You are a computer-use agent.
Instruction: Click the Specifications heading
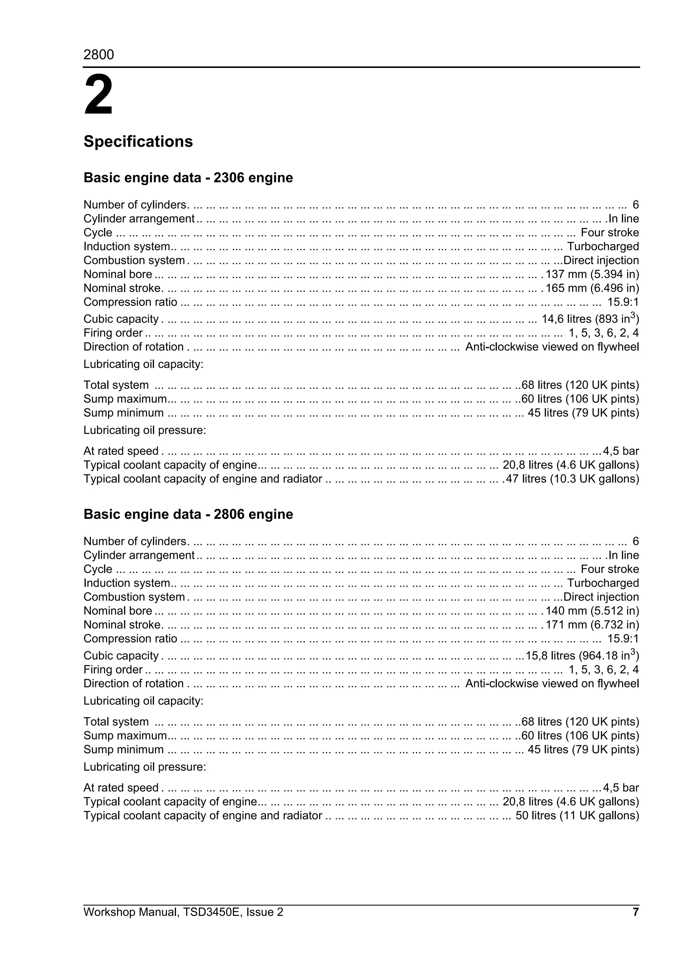click(x=138, y=141)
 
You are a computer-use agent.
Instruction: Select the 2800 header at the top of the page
click(x=99, y=55)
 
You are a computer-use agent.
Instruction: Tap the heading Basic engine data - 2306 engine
click(x=188, y=177)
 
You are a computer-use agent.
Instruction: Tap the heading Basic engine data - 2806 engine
click(x=188, y=514)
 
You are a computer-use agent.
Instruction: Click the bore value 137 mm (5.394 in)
click(x=592, y=274)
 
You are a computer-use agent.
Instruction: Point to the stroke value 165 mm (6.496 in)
click(x=592, y=288)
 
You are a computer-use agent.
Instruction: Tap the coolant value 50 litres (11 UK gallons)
click(x=577, y=816)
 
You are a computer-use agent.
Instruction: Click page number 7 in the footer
click(x=636, y=912)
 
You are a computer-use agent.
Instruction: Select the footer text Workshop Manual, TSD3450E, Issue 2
click(x=183, y=912)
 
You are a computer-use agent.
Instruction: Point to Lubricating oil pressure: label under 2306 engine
click(x=144, y=430)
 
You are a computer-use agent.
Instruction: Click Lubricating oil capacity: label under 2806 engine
click(x=143, y=701)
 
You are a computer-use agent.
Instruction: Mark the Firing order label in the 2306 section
click(x=113, y=333)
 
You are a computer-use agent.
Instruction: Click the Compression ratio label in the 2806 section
click(x=130, y=639)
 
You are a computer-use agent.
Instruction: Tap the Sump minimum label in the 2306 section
click(x=123, y=413)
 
